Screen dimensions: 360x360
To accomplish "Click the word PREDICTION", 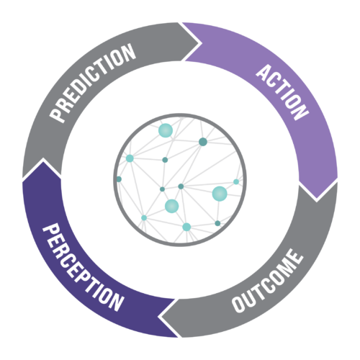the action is pos(92,83).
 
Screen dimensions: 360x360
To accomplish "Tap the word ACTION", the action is pos(282,92).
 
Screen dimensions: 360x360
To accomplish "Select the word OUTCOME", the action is pos(267,281).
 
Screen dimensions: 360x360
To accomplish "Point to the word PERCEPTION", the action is pos(84,267).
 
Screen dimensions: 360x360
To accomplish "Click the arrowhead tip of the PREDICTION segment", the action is pos(201,43).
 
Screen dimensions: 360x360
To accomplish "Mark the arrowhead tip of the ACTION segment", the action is pos(317,200).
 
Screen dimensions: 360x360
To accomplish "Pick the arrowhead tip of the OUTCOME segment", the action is pos(159,317).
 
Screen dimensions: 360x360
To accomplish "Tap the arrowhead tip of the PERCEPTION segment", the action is pos(43,159).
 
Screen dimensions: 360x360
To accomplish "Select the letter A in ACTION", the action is pos(264,72).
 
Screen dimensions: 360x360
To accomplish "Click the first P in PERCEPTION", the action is pos(51,231).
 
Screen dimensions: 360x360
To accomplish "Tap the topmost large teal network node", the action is pos(166,130).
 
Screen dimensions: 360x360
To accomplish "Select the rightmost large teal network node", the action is pos(220,194).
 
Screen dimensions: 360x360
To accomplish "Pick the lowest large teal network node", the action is pos(172,206).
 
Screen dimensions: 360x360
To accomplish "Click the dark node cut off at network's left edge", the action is pos(119,179).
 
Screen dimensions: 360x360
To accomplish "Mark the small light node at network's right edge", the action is pos(236,181).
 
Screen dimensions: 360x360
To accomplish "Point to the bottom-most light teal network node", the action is pos(186,227).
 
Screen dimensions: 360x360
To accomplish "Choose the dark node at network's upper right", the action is pos(203,142).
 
